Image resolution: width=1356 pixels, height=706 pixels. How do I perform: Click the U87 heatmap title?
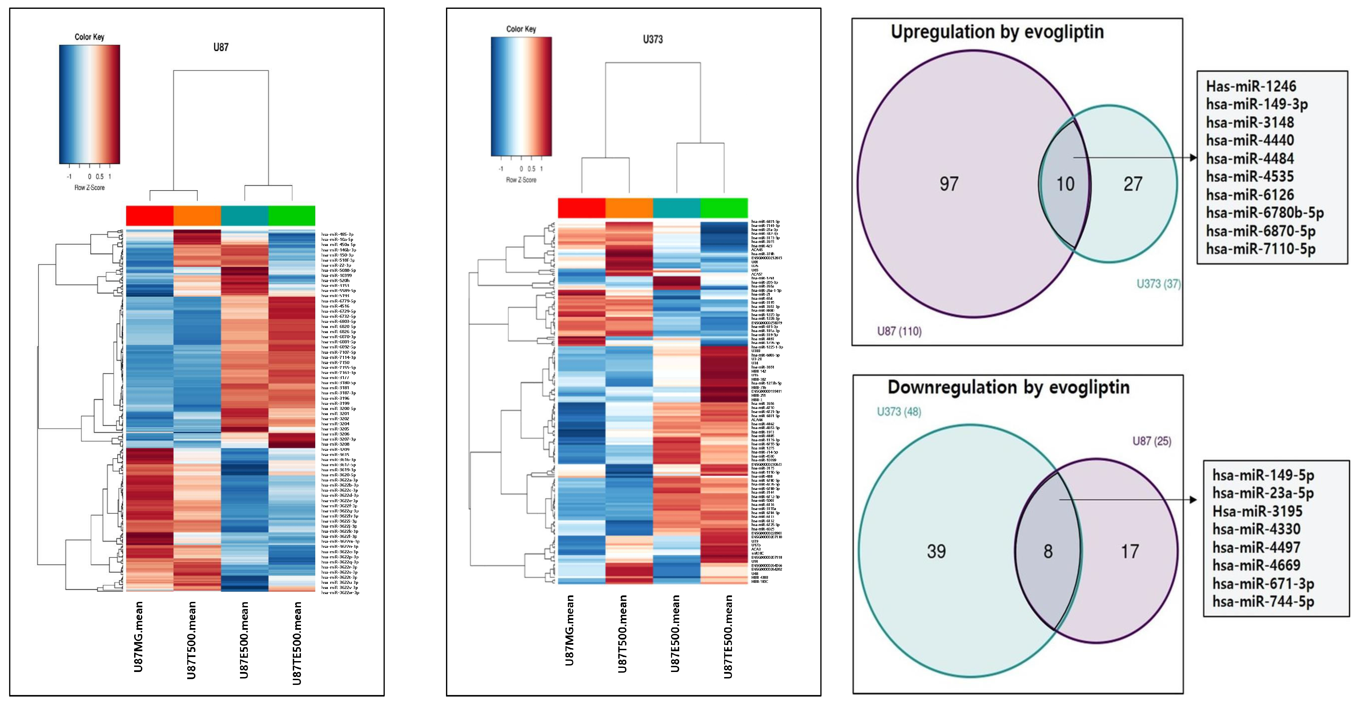(x=221, y=47)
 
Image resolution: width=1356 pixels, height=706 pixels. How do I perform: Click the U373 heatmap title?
(x=652, y=39)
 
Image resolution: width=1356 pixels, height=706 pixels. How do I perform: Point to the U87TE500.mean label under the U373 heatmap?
(x=728, y=637)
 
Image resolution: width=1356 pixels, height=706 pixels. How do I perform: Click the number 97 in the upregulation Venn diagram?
(x=949, y=184)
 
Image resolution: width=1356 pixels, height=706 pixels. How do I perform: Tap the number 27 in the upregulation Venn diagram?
(x=1133, y=184)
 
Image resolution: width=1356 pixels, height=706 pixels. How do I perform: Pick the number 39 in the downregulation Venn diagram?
(x=936, y=551)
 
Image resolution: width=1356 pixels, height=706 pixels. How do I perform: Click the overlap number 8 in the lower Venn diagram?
(x=1048, y=551)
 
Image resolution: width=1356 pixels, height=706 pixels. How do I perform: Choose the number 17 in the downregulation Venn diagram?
(x=1130, y=551)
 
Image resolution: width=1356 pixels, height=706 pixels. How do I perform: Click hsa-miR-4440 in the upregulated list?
(x=1250, y=141)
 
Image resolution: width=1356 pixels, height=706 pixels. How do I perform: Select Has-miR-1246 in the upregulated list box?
(x=1251, y=86)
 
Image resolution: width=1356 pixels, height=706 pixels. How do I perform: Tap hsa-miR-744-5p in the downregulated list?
(x=1263, y=601)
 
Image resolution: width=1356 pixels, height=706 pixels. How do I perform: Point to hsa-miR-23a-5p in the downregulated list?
(x=1263, y=493)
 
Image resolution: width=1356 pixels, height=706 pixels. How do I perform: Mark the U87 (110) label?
(x=899, y=331)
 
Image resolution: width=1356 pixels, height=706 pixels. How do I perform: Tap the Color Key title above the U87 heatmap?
(x=90, y=37)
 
